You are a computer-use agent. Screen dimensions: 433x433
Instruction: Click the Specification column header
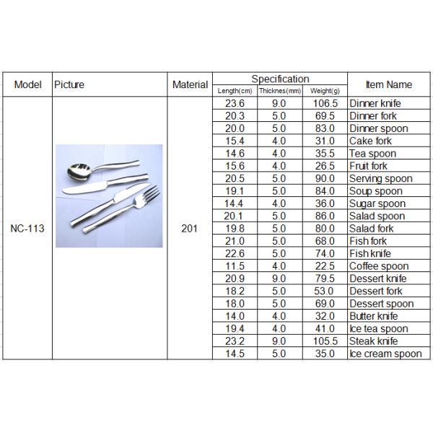pos(280,79)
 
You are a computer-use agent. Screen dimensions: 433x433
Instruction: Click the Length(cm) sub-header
pos(235,91)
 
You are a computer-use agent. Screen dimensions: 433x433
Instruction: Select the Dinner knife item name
pos(375,103)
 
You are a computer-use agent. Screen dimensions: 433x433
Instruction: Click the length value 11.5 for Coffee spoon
pos(235,266)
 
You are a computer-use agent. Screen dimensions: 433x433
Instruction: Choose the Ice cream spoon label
pos(385,354)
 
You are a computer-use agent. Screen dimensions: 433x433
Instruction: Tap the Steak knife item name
pos(373,341)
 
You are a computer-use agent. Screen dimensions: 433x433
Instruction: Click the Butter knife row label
pos(373,316)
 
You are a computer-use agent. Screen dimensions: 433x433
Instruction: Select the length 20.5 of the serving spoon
pos(235,178)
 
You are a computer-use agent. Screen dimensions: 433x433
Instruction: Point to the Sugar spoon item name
pos(376,204)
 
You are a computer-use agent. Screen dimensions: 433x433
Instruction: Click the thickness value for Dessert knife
pos(279,279)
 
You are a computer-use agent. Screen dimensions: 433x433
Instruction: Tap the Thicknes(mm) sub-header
pos(279,91)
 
